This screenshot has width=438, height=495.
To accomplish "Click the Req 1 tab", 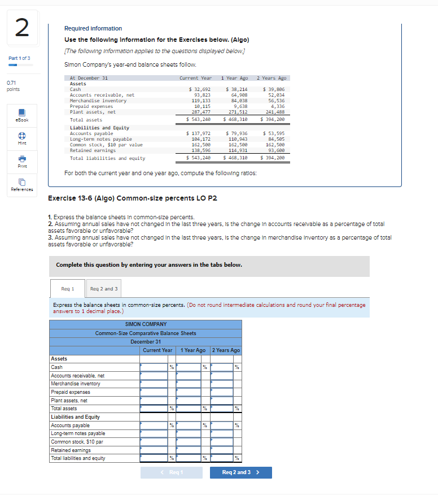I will click(67, 289).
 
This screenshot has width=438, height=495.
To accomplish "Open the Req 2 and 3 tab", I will click(104, 289).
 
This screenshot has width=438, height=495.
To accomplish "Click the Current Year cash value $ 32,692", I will click(199, 89).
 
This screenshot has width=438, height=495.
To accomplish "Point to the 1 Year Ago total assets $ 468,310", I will click(235, 120).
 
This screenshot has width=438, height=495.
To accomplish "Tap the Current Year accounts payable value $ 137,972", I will click(198, 133).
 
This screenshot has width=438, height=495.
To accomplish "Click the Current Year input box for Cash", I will click(154, 367).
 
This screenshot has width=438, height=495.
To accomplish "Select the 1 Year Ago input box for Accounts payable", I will click(189, 425).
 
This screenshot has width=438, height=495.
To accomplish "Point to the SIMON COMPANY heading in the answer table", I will click(146, 324).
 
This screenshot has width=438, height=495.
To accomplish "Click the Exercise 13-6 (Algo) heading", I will click(133, 198).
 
